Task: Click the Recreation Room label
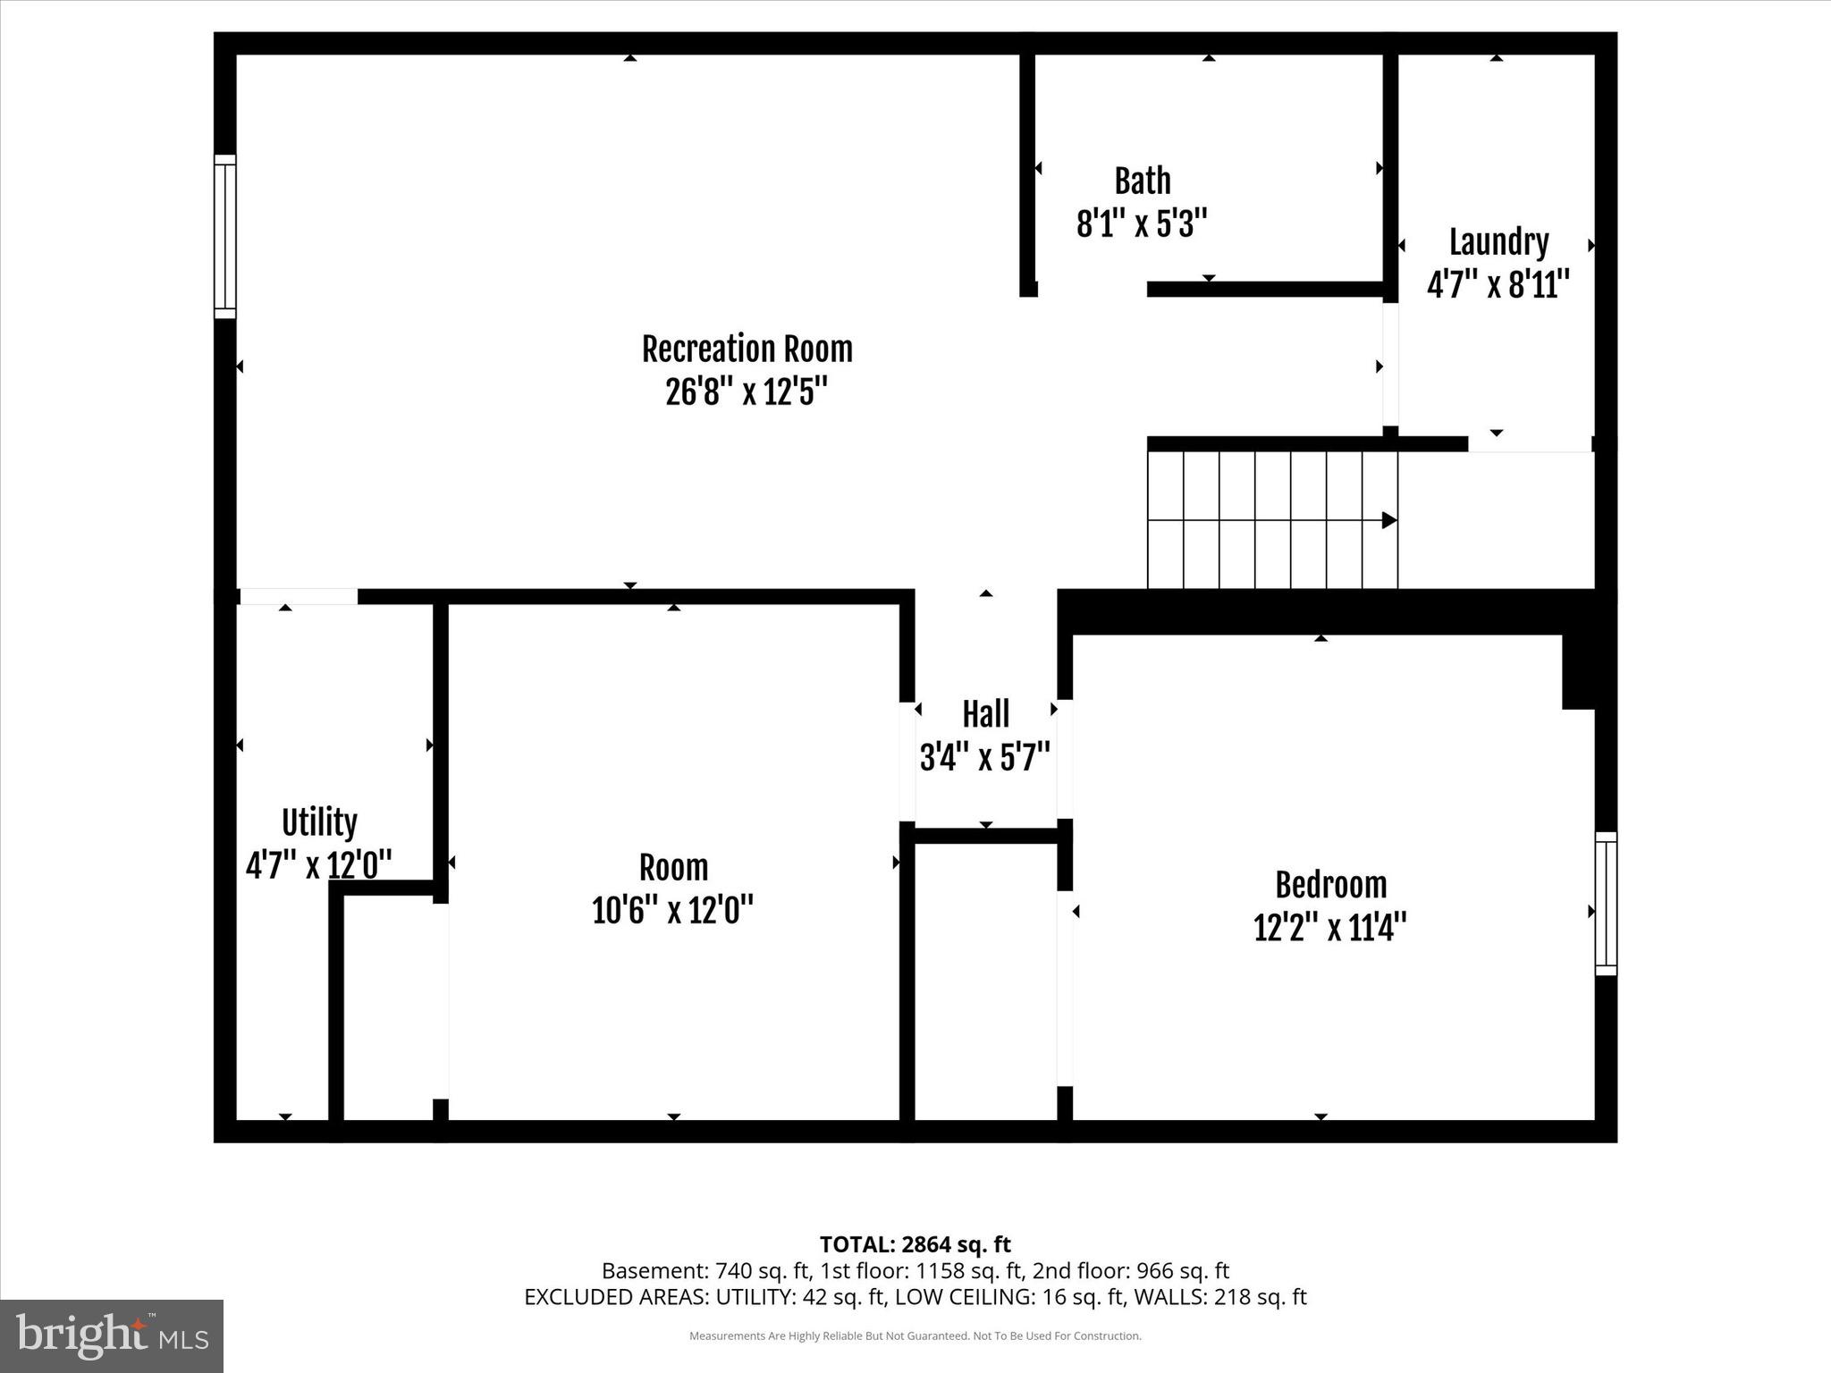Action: (x=747, y=350)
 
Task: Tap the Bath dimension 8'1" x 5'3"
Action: (x=1142, y=223)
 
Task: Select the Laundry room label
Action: (x=1498, y=242)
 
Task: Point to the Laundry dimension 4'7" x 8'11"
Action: (x=1498, y=285)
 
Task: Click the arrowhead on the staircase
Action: (x=1389, y=520)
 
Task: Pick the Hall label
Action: (x=985, y=714)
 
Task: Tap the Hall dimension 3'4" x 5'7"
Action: (x=984, y=758)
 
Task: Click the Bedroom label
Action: (x=1330, y=885)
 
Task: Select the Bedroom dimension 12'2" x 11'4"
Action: (x=1330, y=928)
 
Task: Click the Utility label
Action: (x=319, y=822)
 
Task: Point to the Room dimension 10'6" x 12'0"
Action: (x=672, y=911)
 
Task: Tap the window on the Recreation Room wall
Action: (x=225, y=236)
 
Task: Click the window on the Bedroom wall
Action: (x=1606, y=903)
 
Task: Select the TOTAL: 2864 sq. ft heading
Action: (x=915, y=1244)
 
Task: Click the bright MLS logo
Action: (x=112, y=1335)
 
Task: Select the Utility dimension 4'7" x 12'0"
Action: (x=319, y=865)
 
